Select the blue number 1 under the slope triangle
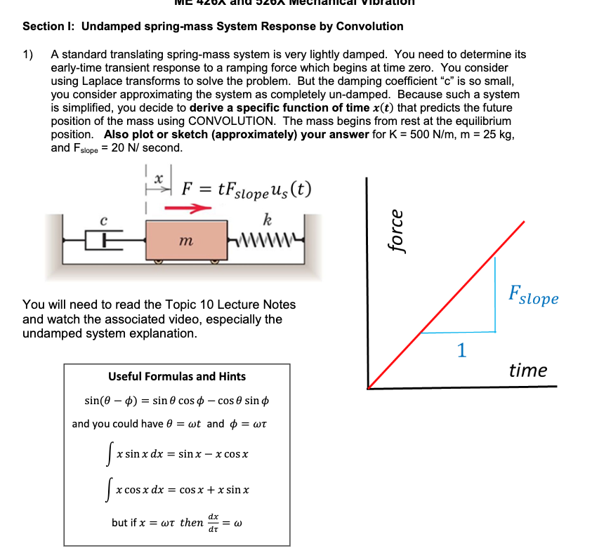pyautogui.click(x=461, y=350)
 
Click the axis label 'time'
pyautogui.click(x=527, y=371)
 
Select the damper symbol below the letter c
pyautogui.click(x=104, y=241)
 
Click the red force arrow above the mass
pyautogui.click(x=188, y=208)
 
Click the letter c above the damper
pyautogui.click(x=104, y=220)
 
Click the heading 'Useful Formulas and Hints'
pyautogui.click(x=177, y=376)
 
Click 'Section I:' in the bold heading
pyautogui.click(x=49, y=27)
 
